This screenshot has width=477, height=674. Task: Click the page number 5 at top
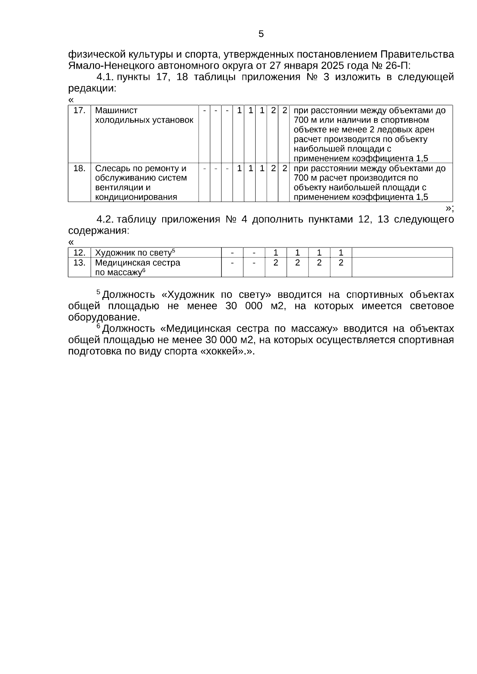pos(261,34)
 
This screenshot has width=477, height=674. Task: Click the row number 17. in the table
pos(79,110)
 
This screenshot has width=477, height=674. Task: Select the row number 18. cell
pos(79,168)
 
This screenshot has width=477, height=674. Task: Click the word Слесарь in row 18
pos(112,168)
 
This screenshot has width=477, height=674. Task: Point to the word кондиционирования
pos(136,197)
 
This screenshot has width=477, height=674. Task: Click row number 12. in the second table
pos(79,253)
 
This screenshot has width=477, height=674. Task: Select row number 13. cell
pos(79,263)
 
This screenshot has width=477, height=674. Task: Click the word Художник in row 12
pos(113,253)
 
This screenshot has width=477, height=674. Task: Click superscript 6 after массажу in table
pos(144,270)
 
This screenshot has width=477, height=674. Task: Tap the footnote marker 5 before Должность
pos(98,293)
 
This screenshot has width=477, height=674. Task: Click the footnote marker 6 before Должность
pos(98,326)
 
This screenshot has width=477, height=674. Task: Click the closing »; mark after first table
pos(450,208)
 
